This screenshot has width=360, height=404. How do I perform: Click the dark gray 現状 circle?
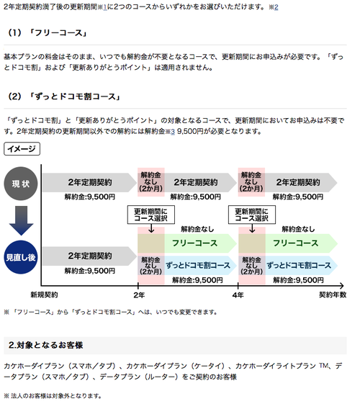21,184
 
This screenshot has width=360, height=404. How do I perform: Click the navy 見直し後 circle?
21,257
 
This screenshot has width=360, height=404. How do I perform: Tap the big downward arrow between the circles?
21,220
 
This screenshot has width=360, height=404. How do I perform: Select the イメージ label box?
22,148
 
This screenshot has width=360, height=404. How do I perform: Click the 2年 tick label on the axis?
139,295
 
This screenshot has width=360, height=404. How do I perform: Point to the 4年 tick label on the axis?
238,295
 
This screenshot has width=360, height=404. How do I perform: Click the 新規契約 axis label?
44,295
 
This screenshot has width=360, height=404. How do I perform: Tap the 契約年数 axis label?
333,295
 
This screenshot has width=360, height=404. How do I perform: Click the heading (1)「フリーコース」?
47,32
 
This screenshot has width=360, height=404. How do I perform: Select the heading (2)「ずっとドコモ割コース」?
64,96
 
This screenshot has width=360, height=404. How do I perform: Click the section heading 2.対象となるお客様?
46,345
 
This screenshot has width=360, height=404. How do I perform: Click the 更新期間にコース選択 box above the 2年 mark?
151,215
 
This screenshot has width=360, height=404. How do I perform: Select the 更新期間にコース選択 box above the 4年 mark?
252,215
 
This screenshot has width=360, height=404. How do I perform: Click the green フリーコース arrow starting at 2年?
200,243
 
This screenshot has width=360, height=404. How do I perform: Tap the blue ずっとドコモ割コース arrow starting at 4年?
301,266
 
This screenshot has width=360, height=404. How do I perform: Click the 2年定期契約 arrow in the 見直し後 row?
89,256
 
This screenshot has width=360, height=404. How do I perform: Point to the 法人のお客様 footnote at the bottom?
53,396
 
